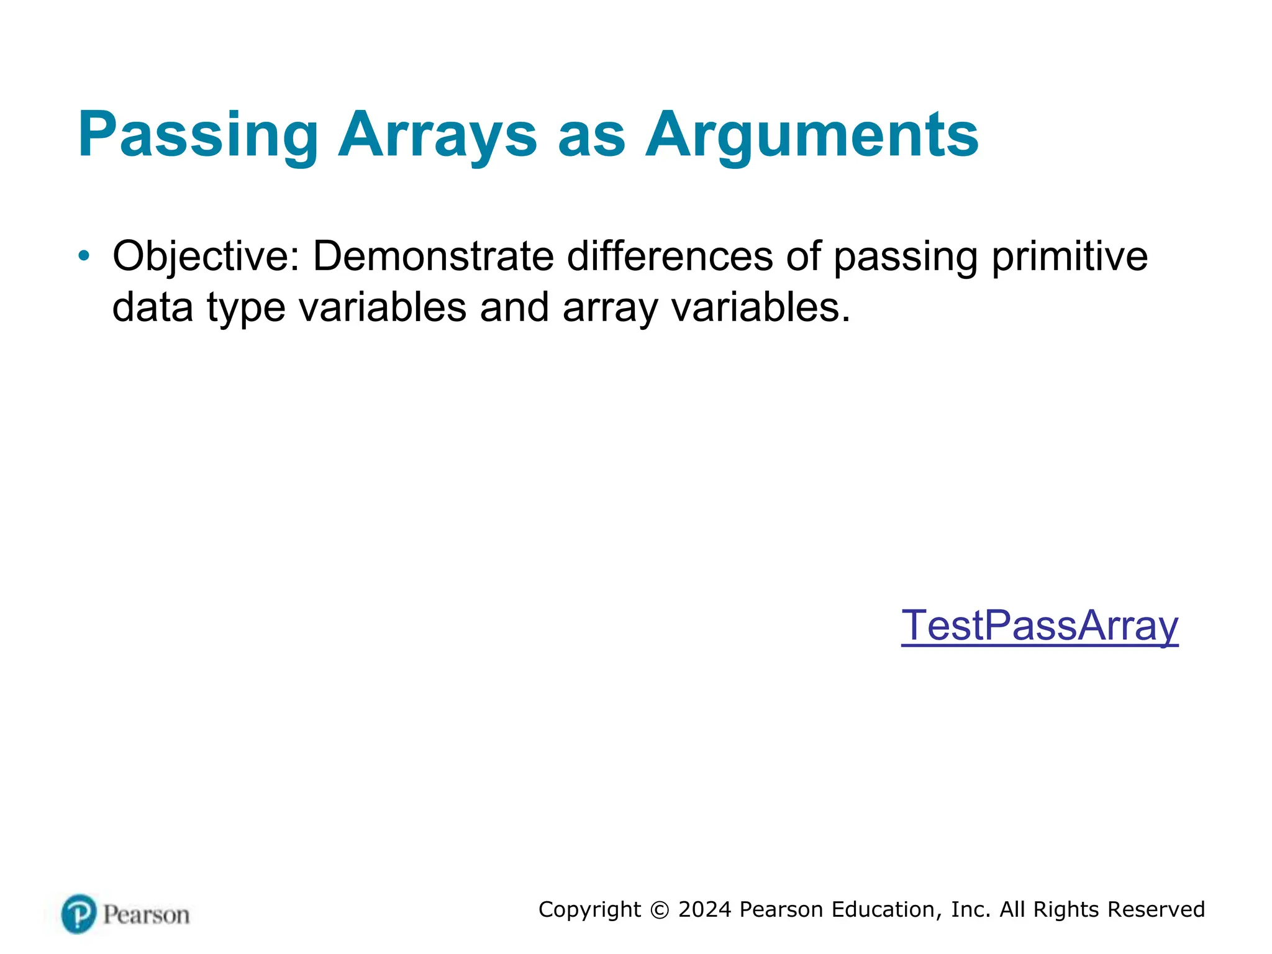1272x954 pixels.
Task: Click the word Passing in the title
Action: [x=198, y=135]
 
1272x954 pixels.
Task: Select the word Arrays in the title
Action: [x=437, y=135]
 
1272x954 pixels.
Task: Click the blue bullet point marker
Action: [x=84, y=255]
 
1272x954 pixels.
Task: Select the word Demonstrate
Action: [x=433, y=256]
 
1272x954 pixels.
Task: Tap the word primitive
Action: [x=1069, y=256]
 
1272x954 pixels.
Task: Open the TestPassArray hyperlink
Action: [x=1039, y=625]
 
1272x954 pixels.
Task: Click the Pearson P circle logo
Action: [x=79, y=914]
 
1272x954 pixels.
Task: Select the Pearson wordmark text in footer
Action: [x=146, y=915]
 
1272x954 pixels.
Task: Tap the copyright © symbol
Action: [x=660, y=910]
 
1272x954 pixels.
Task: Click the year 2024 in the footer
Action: [x=705, y=909]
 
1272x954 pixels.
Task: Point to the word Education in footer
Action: [x=885, y=909]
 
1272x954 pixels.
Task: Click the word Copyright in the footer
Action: [x=589, y=909]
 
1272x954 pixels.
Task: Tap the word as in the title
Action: [x=591, y=135]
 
